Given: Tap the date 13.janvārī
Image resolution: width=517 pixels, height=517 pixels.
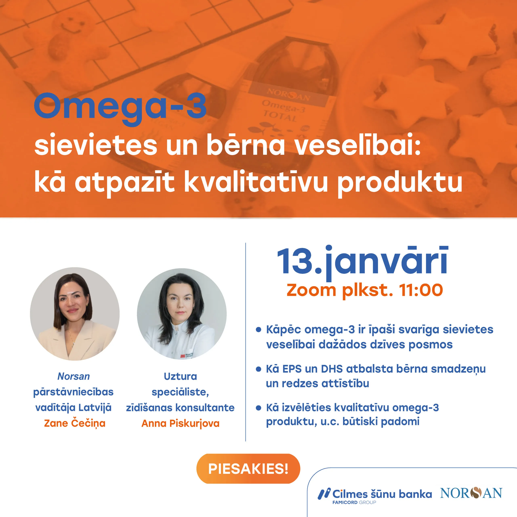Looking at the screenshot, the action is click(x=363, y=262).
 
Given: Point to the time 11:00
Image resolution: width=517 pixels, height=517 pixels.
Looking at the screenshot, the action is click(x=421, y=290).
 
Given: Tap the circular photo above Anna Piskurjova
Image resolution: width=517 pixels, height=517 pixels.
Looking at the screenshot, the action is click(x=182, y=314).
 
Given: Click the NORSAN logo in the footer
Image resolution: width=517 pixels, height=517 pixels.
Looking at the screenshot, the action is click(x=471, y=493).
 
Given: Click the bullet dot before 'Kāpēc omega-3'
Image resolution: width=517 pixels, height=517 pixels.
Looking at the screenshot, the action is click(x=258, y=329).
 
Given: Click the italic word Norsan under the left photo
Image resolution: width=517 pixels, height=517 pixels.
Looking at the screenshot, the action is click(x=74, y=376).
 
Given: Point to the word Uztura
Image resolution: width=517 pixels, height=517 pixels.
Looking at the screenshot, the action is click(x=180, y=376).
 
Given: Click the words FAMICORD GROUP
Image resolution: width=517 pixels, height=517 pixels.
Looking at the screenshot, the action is click(x=354, y=502).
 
